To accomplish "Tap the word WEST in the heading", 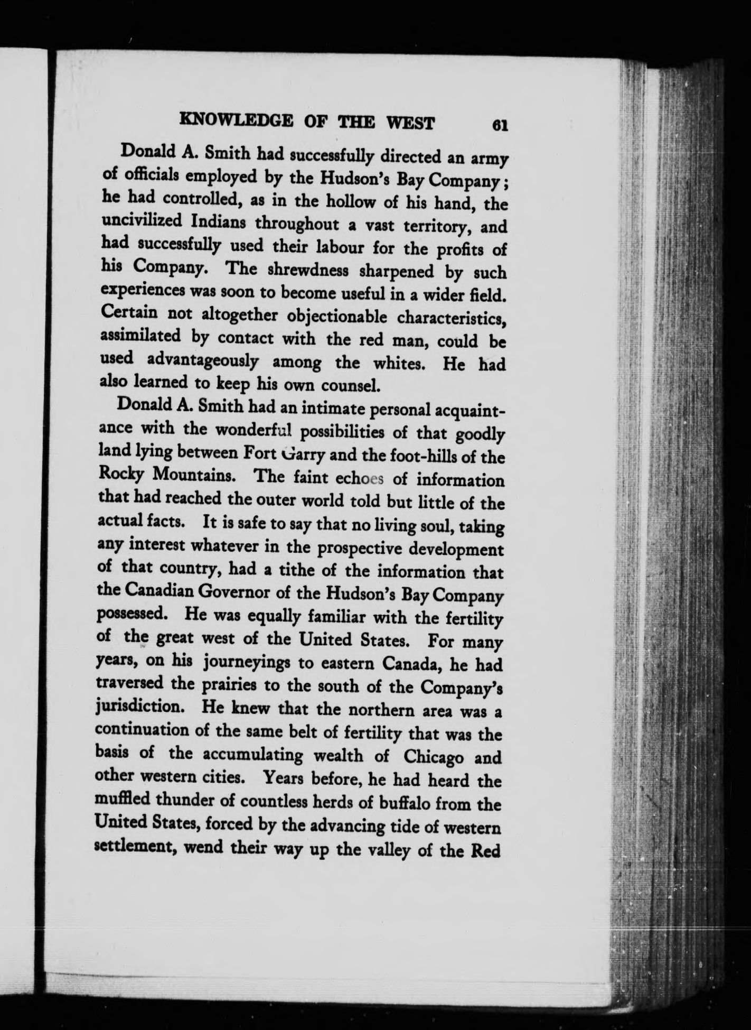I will pos(411,124).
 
